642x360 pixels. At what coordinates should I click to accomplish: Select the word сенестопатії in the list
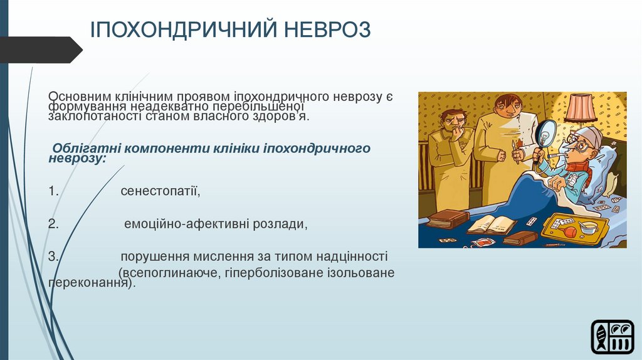coord(160,191)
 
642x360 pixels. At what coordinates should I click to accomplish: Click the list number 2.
coord(54,224)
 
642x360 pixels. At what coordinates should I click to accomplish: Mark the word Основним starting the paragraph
coord(80,97)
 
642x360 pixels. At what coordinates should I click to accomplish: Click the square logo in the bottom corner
coord(613,337)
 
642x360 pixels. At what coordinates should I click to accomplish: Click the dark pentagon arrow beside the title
coord(41,50)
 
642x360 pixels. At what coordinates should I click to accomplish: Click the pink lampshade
coord(581,108)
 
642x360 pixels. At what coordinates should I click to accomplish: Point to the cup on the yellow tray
coord(588,227)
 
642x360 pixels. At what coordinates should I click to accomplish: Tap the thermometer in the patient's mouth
coord(552,155)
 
